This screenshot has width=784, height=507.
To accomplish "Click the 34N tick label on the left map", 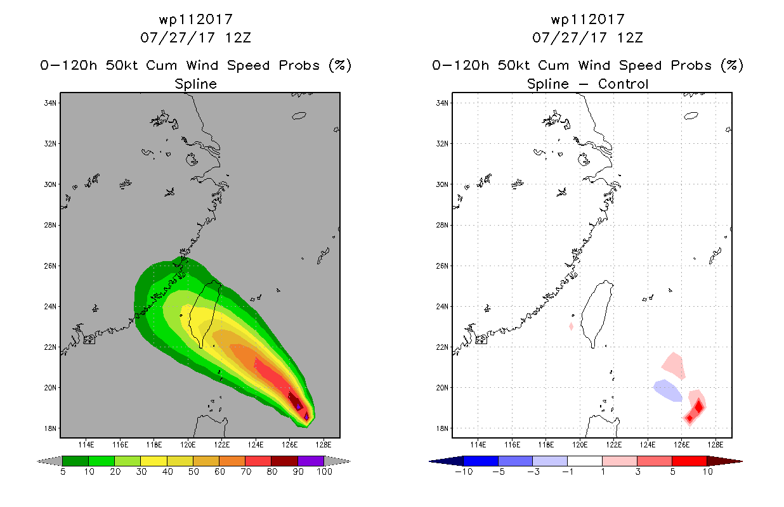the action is [49, 103].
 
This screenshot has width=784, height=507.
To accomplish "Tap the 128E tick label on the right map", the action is [715, 445].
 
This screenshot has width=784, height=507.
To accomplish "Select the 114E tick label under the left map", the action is [86, 445].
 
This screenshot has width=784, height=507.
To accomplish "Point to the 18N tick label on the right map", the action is [441, 428].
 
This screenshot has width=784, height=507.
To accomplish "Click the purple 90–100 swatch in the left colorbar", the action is [311, 461].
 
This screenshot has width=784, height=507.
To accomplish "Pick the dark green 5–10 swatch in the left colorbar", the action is [75, 461].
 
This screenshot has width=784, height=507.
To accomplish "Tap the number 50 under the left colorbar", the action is [193, 472].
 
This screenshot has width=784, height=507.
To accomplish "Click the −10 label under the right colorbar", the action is [464, 472].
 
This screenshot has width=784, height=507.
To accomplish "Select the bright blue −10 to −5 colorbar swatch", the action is [481, 461].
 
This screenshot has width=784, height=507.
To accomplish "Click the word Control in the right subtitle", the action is [623, 84].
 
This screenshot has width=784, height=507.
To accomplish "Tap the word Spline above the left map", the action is [195, 84].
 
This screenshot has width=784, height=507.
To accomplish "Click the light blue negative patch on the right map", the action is [668, 390].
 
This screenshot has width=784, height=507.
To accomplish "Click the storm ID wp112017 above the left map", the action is [195, 19].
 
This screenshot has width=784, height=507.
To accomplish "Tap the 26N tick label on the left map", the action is [49, 266].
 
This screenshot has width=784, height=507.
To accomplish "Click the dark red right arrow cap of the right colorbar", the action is [724, 461].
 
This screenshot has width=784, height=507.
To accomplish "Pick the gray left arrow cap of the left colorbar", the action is [49, 461].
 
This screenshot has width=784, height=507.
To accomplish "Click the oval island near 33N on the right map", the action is [691, 116].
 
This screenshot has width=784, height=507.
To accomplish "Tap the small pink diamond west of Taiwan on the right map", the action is [572, 326].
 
